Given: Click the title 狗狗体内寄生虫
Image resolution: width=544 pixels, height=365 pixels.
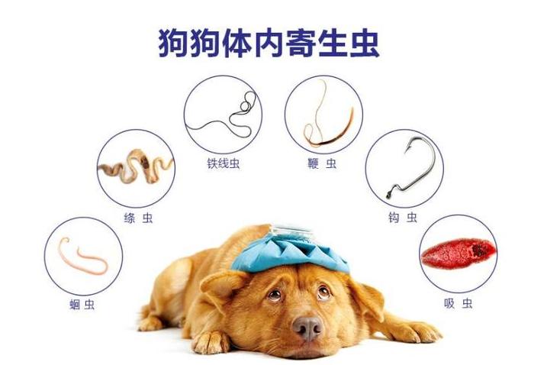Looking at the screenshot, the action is [x=269, y=44].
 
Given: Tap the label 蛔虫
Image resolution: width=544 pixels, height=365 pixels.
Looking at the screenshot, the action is [x=82, y=305].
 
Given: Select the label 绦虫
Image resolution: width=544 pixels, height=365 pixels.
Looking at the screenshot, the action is [x=138, y=218].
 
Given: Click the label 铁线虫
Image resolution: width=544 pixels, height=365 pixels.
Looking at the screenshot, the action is [x=223, y=163].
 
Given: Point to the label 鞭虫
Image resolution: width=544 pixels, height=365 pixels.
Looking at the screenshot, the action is [x=322, y=163].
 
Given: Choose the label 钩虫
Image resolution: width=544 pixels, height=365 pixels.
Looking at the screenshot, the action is [x=402, y=218].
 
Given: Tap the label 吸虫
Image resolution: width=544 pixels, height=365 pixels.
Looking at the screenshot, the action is [x=458, y=303].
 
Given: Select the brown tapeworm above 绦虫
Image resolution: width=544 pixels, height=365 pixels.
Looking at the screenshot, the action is [x=135, y=166].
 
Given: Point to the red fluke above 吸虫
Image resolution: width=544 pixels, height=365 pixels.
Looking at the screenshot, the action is [x=458, y=254].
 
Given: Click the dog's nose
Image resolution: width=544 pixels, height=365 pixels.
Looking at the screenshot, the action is [x=307, y=328].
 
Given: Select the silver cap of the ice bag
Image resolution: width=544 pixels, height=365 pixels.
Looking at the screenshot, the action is [x=291, y=231].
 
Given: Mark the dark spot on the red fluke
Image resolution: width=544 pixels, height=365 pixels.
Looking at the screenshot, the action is [x=479, y=250].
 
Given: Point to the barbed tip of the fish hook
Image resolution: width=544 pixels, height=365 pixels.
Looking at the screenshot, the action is [x=407, y=150].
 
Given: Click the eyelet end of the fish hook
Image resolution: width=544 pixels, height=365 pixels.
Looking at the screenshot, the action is [x=389, y=195].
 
